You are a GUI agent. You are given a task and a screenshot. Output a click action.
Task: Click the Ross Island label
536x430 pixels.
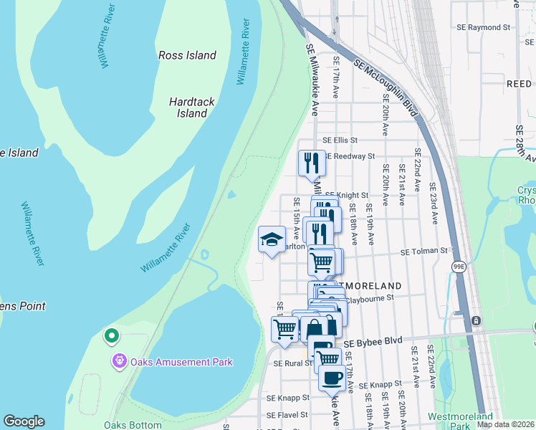click(187, 55)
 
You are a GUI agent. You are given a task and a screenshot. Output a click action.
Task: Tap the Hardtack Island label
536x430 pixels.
click(192, 107)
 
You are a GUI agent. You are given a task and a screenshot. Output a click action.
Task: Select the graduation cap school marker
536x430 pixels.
click(272, 240)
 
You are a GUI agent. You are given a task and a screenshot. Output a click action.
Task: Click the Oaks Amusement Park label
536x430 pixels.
click(181, 362)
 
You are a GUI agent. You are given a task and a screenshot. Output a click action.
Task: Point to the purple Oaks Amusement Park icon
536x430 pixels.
click(120, 362)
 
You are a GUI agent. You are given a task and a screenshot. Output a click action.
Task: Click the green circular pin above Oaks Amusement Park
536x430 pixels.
click(111, 335)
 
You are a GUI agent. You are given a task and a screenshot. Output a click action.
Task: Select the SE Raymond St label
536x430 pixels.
click(484, 28)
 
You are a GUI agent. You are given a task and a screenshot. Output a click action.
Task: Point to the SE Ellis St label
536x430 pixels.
click(340, 140)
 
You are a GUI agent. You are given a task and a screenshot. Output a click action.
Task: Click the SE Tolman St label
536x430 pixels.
click(423, 252)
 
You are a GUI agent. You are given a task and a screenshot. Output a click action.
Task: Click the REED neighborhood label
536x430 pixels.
click(519, 84)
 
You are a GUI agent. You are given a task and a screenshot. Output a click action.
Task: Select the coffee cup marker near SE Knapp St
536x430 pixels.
click(331, 378)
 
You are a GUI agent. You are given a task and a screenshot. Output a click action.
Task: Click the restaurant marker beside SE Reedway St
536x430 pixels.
click(312, 162)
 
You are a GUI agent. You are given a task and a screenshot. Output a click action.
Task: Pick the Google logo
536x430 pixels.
click(24, 421)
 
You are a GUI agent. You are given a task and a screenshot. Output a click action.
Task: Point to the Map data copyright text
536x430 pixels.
click(505, 424)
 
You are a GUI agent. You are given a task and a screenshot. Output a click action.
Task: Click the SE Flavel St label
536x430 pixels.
click(286, 415)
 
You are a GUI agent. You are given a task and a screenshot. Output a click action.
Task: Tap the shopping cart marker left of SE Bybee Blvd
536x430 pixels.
click(284, 330)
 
